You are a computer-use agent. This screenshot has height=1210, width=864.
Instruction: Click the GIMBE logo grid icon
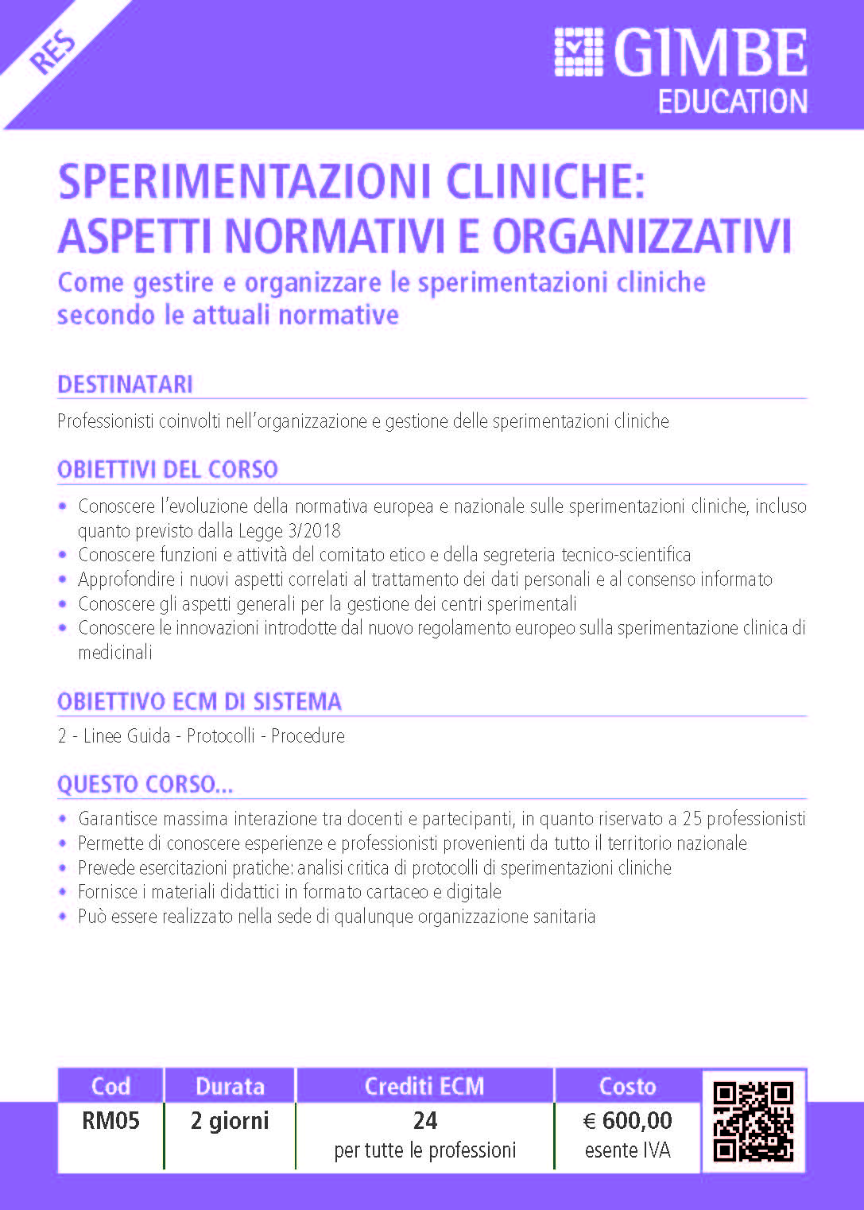pos(578,52)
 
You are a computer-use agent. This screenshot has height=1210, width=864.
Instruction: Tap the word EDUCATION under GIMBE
pos(733,102)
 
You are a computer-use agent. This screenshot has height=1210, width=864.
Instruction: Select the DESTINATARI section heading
pos(125,385)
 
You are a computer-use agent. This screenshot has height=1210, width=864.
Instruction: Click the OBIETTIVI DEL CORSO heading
pos(168,470)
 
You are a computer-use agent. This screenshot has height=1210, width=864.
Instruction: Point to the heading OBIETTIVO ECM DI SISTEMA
pos(200,702)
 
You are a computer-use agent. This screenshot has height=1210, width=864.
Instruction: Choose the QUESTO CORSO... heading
pos(145,785)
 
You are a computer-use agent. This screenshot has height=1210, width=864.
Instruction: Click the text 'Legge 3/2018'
pos(289,530)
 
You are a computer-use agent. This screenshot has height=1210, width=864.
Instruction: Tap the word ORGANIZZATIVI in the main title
pos(642,235)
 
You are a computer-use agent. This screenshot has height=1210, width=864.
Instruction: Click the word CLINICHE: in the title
pos(545,181)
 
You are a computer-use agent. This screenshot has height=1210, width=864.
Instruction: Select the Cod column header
pos(110,1086)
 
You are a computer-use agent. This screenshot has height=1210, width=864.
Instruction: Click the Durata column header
pos(230,1086)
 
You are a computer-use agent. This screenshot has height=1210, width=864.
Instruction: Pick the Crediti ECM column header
pos(424,1086)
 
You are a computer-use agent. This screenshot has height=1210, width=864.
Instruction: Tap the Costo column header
pos(627,1086)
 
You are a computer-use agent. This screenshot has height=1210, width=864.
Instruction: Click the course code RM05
pos(110,1121)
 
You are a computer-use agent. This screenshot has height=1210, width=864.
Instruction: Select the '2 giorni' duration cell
pos(230,1121)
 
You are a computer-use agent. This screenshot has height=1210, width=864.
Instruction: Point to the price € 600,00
pos(627,1121)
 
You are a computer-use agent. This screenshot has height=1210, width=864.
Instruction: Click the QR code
pos(753,1121)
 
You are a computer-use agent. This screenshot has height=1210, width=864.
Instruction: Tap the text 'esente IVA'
pos(627,1150)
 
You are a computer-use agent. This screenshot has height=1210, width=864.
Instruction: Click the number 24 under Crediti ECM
pos(425,1121)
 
